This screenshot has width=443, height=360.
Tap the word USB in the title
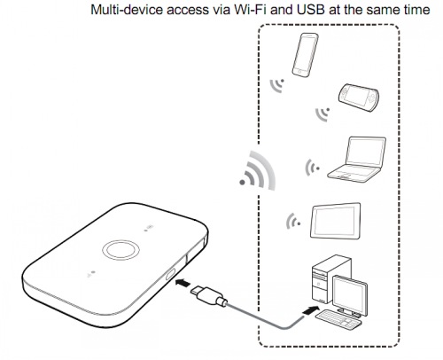310,10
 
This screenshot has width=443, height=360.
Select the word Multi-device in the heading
127,10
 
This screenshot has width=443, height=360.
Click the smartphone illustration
305,55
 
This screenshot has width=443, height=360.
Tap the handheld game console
359,98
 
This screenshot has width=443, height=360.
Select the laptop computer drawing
357,160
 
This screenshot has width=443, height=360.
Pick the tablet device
336,221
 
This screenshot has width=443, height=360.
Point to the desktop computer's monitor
350,295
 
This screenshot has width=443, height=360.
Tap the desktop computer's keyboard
338,318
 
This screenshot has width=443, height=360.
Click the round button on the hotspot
120,250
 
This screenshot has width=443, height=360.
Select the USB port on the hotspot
170,274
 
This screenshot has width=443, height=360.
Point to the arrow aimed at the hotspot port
183,283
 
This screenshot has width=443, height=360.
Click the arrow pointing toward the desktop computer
311,310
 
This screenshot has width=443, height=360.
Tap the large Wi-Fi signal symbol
258,171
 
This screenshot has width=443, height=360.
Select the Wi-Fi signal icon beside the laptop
312,168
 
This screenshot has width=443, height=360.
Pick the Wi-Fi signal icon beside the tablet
293,221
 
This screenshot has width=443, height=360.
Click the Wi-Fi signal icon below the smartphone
277,85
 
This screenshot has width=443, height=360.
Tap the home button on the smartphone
299,71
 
